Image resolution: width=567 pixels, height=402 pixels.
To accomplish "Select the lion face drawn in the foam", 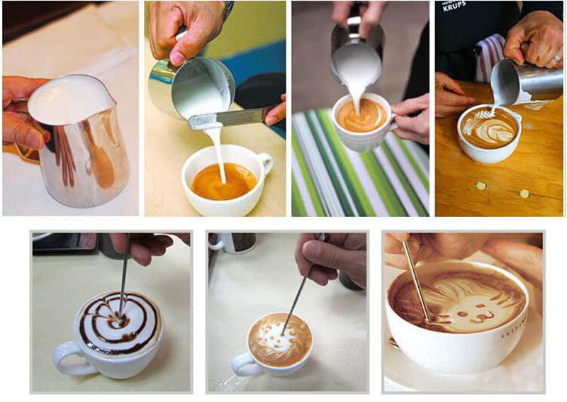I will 471,301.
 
